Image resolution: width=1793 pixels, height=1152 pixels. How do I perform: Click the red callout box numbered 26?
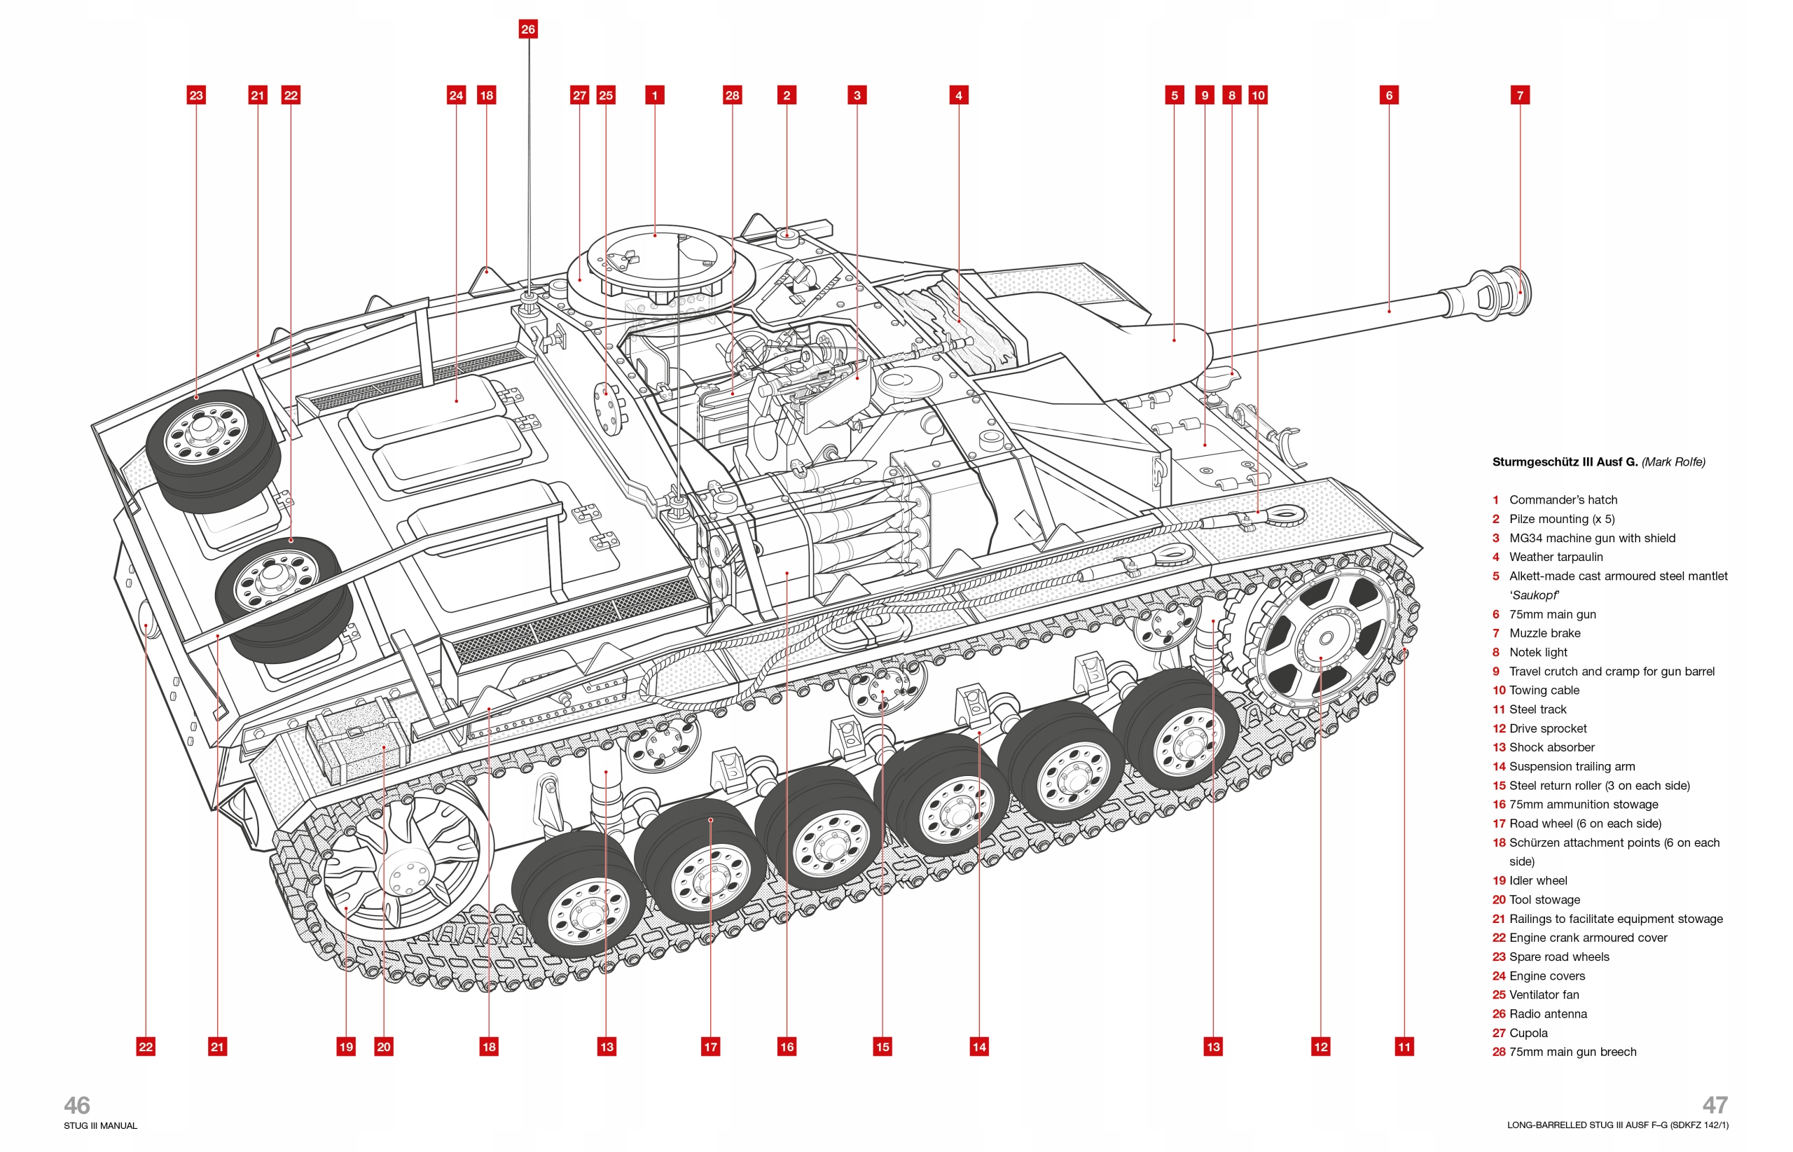tap(528, 29)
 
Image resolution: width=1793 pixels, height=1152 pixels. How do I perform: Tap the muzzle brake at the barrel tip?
tap(1504, 293)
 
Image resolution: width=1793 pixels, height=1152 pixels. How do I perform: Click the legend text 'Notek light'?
tap(1537, 652)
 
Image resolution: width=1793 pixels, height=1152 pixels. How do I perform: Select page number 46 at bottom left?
tap(76, 1105)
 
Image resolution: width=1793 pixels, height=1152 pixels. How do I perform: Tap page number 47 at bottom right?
tap(1715, 1105)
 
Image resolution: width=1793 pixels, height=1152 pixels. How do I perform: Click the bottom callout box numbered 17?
tap(710, 1046)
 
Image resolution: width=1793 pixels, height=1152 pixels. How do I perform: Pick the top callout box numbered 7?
tap(1519, 95)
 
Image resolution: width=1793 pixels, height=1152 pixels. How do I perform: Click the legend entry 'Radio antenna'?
tap(1547, 1013)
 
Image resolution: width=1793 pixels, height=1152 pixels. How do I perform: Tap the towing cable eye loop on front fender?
tap(1285, 514)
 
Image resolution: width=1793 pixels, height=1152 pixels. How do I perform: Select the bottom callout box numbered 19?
tap(345, 1046)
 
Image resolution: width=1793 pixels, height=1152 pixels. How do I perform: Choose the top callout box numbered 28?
tap(732, 95)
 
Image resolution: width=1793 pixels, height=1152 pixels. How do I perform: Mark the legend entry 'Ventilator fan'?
tap(1543, 995)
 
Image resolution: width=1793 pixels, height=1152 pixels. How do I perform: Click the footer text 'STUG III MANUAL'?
tap(100, 1126)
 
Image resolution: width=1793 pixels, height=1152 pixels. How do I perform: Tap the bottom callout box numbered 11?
tap(1404, 1046)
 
